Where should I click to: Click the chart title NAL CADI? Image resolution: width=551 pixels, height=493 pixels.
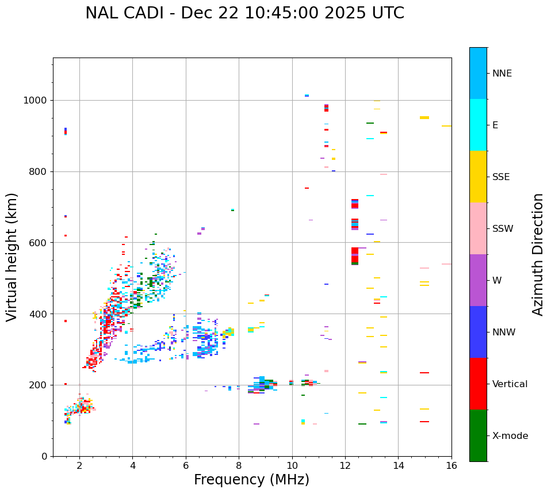(x=244, y=13)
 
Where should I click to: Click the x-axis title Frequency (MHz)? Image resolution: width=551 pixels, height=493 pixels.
(x=251, y=480)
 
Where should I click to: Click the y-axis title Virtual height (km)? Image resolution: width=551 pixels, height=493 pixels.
(x=12, y=257)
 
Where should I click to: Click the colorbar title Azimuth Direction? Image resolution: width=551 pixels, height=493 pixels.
(x=538, y=254)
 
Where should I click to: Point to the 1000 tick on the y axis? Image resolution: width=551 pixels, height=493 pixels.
(x=39, y=100)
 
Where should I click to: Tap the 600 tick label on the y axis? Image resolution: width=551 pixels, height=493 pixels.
(x=39, y=243)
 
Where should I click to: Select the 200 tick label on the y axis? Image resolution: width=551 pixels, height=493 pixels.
(x=39, y=385)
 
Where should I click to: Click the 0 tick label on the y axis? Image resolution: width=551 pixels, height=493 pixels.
(x=44, y=456)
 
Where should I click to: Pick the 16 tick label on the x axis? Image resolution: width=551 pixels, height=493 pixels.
(x=451, y=465)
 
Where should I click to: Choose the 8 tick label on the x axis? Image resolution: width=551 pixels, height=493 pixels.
(x=239, y=465)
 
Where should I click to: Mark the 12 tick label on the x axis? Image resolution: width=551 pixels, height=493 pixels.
(x=345, y=465)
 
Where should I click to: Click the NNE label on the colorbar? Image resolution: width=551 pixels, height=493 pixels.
(x=502, y=74)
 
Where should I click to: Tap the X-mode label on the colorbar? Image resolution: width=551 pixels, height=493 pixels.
(x=510, y=436)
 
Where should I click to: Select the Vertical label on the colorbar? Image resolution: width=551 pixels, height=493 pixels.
(x=510, y=384)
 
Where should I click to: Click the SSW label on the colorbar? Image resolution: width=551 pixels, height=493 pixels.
(x=503, y=229)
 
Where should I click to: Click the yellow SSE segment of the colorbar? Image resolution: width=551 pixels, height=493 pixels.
(x=478, y=177)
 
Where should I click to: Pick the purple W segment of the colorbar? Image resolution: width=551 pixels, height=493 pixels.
(x=478, y=280)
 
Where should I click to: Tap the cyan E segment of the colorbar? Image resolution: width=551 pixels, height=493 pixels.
(x=478, y=125)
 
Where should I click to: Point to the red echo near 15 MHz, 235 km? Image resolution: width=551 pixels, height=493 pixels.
(x=424, y=373)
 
